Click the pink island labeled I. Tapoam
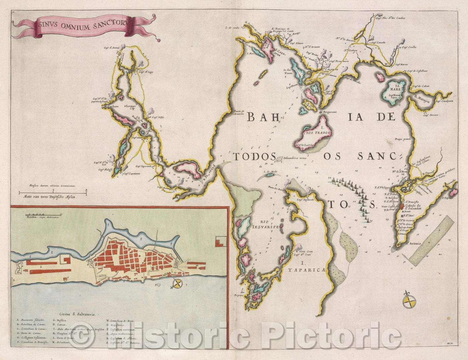453,192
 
